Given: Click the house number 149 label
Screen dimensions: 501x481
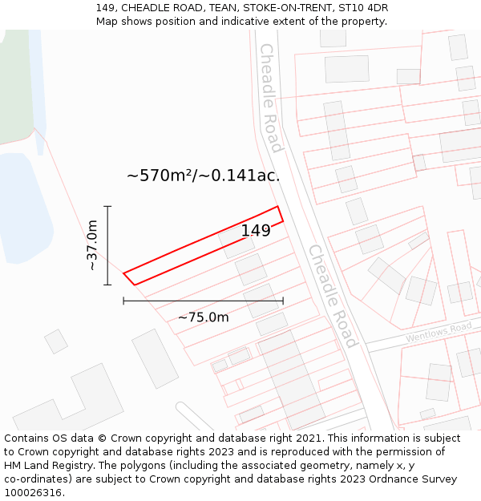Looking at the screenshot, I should (256, 231).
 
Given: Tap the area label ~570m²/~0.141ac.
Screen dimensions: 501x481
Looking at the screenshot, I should (204, 176).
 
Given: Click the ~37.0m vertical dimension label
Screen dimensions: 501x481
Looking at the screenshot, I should (92, 244).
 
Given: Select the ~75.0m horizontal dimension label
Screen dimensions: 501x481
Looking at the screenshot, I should (203, 317).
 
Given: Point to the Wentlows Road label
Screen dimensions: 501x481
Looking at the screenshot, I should (438, 332).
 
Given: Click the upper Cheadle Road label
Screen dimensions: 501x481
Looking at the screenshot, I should (270, 98).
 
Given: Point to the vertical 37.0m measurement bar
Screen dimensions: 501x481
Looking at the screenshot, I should (107, 244).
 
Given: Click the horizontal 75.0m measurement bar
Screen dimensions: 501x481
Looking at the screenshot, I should (203, 301).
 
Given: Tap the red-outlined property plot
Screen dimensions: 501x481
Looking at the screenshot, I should (200, 245).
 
